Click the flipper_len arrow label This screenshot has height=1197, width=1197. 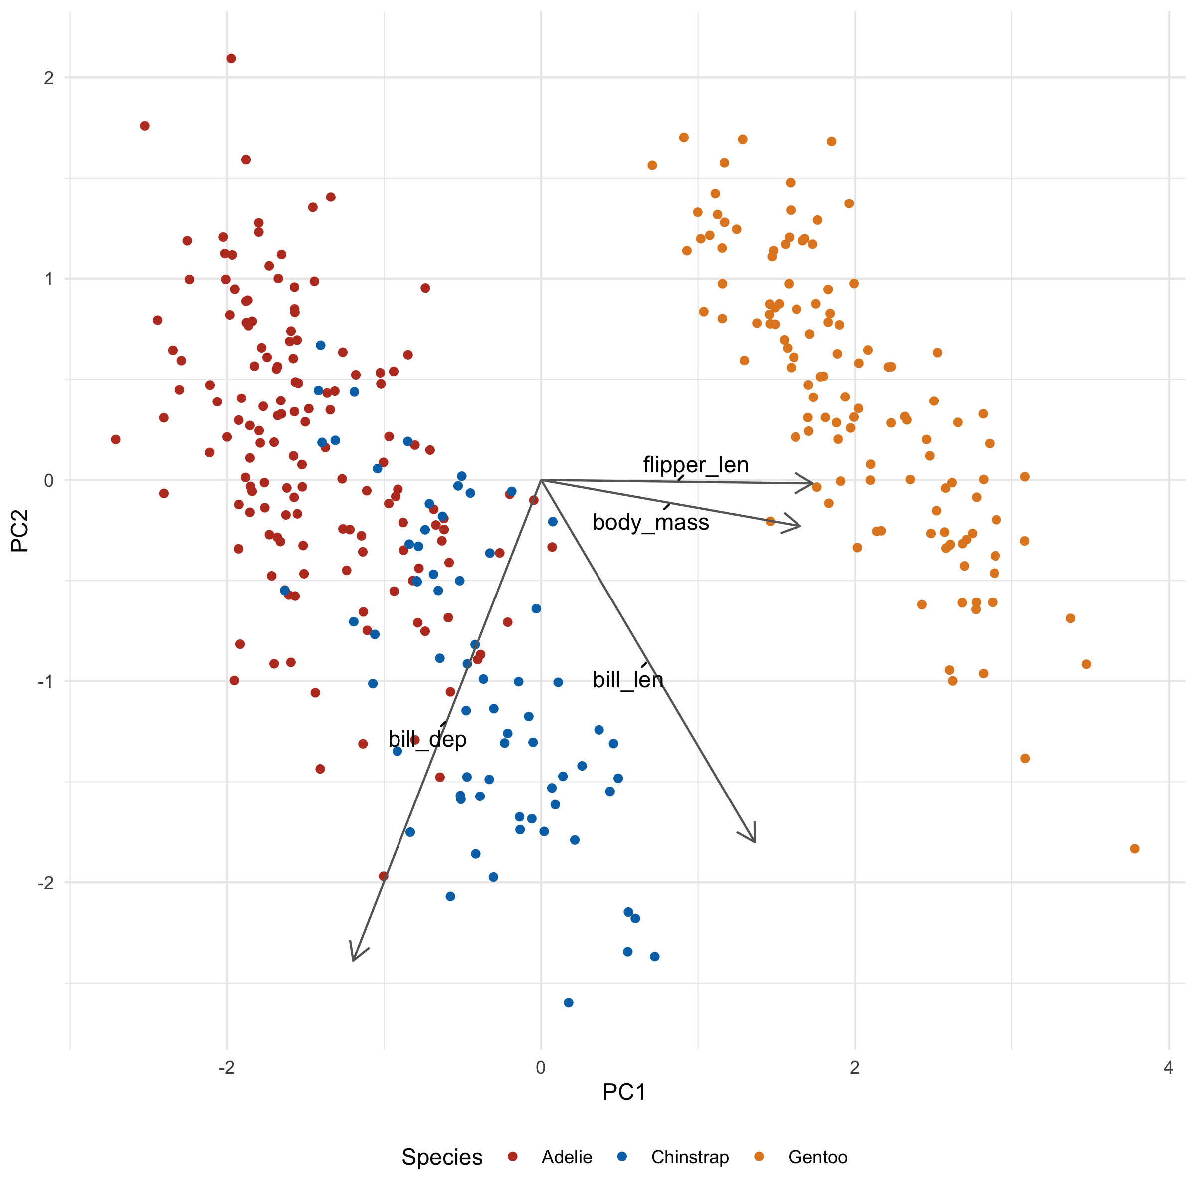click(x=696, y=465)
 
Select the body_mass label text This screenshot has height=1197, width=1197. click(x=650, y=522)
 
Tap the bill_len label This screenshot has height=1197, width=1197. click(x=627, y=680)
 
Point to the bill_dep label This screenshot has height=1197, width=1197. click(x=427, y=739)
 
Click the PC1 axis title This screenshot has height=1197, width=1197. click(x=624, y=1092)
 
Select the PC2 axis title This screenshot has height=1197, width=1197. click(x=20, y=530)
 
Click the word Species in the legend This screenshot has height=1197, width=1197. click(x=442, y=1157)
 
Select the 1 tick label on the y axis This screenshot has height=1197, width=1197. click(x=49, y=279)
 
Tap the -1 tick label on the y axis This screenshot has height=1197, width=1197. click(x=46, y=681)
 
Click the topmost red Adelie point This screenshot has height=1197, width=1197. click(x=231, y=59)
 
